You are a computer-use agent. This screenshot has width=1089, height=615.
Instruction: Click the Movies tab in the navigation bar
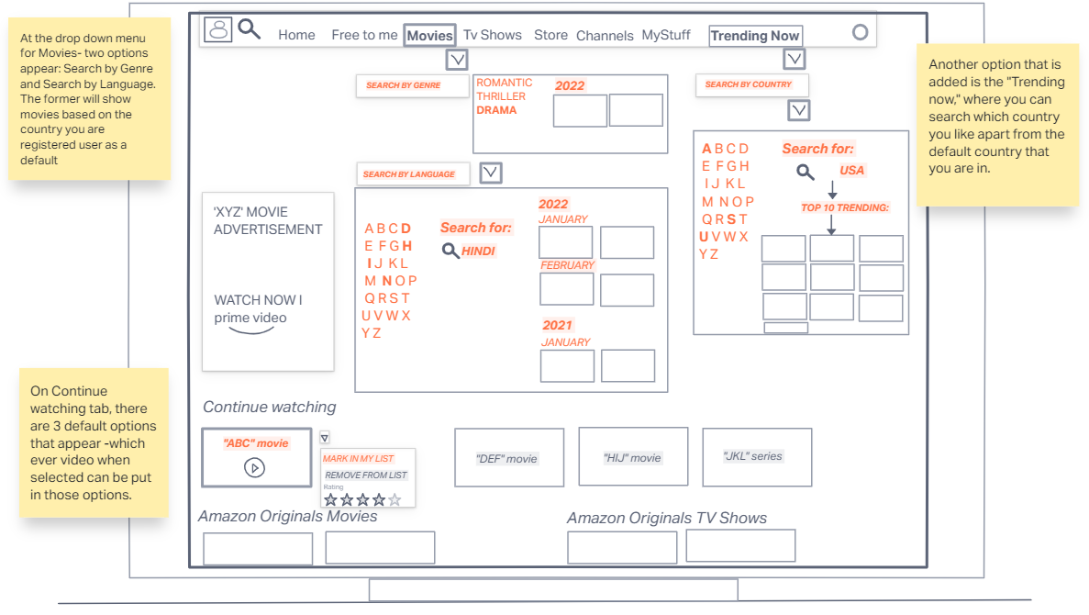coord(430,36)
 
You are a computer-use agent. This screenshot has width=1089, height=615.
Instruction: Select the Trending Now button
coord(755,36)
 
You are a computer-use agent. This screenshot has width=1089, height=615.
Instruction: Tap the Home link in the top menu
coord(296,35)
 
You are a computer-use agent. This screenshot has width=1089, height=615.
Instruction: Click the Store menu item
coord(550,35)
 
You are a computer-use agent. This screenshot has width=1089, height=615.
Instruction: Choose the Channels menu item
coord(605,36)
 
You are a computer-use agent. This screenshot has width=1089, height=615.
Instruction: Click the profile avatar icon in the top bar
coord(218,29)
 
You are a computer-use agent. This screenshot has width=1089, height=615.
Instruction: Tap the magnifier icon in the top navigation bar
coord(249,28)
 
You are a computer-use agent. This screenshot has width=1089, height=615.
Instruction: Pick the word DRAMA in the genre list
coord(496,110)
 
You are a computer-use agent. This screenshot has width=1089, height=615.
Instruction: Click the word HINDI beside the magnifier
coord(478,251)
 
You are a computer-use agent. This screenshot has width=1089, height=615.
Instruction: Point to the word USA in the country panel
coord(852,170)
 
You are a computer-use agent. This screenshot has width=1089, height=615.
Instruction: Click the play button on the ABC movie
coord(255,468)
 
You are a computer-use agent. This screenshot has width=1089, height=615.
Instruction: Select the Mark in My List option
coord(359,458)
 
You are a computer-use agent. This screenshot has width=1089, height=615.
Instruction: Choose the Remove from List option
coord(365,475)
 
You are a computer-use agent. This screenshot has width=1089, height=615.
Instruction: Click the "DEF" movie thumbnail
coord(508,457)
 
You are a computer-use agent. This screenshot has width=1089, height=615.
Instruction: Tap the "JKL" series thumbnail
coord(756,456)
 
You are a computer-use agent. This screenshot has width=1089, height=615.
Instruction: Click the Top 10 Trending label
coord(845,208)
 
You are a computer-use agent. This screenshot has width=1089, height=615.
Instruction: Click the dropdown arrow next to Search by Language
coord(491,173)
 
